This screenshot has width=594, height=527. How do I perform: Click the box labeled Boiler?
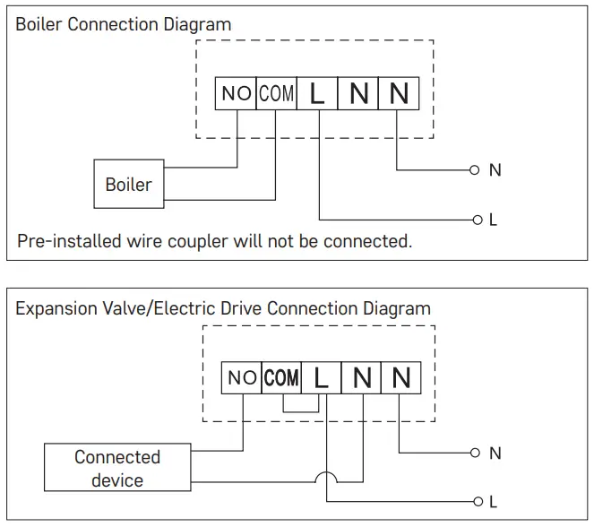(x=129, y=185)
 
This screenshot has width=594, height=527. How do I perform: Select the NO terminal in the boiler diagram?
(x=236, y=93)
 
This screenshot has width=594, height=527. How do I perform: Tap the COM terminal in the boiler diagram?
(x=276, y=93)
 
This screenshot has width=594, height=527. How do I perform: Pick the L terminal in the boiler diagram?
(x=317, y=93)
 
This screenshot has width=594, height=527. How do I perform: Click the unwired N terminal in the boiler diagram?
(x=358, y=93)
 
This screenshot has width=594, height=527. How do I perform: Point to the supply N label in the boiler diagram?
(x=495, y=169)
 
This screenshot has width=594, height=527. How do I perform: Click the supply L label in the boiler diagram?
(x=493, y=220)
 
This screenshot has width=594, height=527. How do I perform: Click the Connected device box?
(x=116, y=468)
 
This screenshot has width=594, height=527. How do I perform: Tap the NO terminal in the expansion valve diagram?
(x=242, y=378)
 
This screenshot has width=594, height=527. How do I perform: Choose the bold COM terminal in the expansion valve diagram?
(x=281, y=378)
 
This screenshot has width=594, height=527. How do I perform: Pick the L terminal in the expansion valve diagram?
(x=322, y=378)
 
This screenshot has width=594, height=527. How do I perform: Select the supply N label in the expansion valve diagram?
(x=495, y=454)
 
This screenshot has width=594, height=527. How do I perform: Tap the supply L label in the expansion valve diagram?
(x=493, y=502)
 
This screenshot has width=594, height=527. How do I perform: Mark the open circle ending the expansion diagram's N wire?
(x=475, y=454)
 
